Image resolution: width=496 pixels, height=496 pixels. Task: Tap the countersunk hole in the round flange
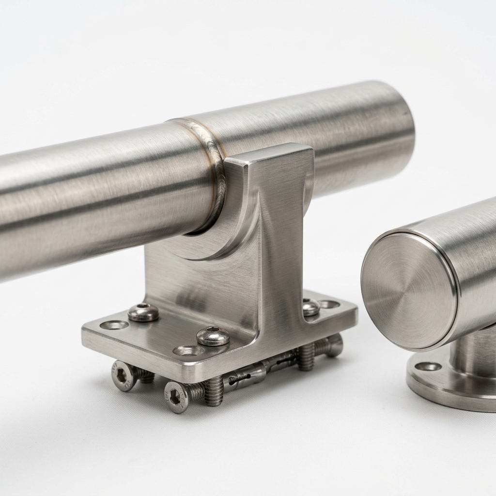tap(428, 366)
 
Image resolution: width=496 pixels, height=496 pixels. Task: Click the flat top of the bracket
tap(271, 154)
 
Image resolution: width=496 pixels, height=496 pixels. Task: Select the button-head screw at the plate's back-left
tap(143, 312)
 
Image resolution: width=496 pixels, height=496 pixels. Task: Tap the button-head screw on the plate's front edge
tap(213, 336)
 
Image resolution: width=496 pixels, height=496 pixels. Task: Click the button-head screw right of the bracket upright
tap(310, 307)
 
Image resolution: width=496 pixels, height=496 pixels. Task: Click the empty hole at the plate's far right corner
tap(329, 304)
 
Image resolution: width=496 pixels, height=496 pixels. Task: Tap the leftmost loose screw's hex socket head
tap(123, 375)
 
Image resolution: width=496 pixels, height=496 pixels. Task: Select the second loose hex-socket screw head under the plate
tap(176, 397)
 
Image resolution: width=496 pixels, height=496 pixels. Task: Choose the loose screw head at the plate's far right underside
tap(335, 344)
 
